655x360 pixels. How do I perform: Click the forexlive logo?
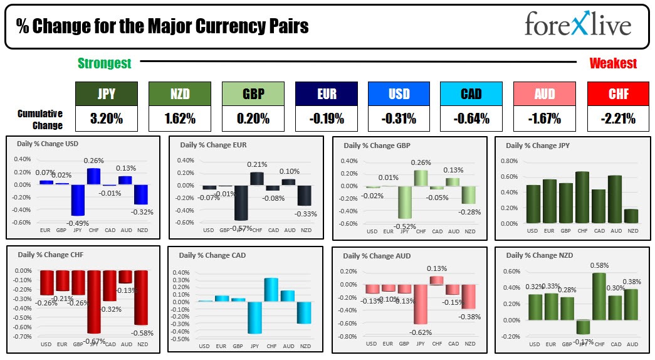pos(577,26)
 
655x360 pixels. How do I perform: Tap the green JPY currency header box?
pos(106,94)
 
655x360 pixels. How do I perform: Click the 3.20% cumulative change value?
pos(106,119)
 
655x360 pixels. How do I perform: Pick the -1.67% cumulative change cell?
pos(544,119)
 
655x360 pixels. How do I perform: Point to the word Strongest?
pos(105,63)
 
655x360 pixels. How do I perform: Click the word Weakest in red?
pos(613,63)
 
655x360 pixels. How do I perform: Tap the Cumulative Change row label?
pos(40,119)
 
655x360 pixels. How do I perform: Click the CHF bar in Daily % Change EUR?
pos(257,178)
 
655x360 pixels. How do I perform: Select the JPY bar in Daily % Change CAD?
pos(255,317)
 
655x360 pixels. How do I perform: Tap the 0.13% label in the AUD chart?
pos(437,269)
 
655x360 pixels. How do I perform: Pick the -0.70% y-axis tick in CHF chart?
pos(24,336)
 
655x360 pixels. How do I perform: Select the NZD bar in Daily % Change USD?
pos(142,194)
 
